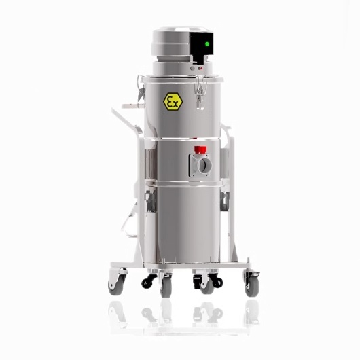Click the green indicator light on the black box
click(207, 44)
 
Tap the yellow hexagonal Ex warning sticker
click(173, 102)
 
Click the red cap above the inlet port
click(200, 149)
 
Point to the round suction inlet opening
click(205, 165)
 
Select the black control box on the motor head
click(202, 47)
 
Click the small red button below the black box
click(200, 68)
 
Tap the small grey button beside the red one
click(193, 68)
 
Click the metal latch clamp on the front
click(200, 91)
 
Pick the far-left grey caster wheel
click(116, 285)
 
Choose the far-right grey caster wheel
click(252, 285)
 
